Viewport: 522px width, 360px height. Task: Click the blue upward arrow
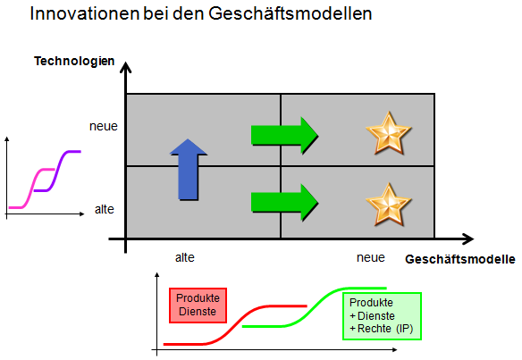(189, 170)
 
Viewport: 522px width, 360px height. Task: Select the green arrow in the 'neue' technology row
(284, 136)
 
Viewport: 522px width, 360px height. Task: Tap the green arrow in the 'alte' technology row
(284, 203)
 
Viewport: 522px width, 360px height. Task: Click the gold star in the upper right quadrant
(389, 134)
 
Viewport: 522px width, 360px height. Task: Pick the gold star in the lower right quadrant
(389, 205)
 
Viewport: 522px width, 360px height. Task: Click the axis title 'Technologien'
(74, 62)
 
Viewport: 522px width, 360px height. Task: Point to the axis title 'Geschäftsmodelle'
(460, 259)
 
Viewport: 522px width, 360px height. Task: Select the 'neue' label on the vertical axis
(104, 127)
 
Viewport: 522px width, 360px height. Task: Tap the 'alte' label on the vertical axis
(105, 209)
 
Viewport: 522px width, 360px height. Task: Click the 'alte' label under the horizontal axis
(185, 257)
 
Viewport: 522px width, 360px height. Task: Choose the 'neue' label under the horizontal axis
(371, 257)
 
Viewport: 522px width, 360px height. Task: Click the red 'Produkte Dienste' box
(198, 306)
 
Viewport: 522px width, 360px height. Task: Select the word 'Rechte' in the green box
(375, 329)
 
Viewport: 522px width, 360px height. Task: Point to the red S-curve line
(235, 325)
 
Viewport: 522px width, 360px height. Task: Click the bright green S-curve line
(314, 307)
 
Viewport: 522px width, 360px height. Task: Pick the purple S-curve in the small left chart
(57, 171)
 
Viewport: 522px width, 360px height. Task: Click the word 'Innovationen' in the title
(85, 14)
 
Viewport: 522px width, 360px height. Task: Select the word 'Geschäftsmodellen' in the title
(290, 14)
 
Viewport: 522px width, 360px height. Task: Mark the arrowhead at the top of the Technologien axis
(125, 66)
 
